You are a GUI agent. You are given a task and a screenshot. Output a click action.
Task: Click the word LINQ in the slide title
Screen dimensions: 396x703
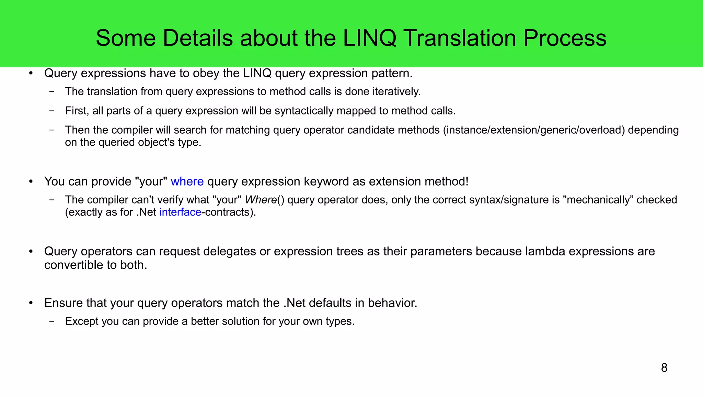coord(370,38)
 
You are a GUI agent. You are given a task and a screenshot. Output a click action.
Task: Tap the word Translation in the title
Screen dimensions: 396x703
coord(460,38)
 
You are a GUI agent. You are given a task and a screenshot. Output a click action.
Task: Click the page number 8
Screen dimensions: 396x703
coord(664,368)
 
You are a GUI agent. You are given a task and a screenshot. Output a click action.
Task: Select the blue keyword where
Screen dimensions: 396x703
coord(187,181)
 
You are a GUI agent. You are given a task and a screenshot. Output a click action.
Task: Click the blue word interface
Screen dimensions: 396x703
coord(180,212)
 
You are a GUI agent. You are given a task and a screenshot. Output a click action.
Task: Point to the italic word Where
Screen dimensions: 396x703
coord(261,200)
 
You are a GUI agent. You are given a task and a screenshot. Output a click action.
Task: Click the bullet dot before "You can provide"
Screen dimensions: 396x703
coord(31,181)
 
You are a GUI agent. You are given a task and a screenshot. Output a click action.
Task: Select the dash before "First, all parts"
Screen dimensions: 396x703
coord(52,111)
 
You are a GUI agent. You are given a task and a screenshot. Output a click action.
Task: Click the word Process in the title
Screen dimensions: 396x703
coord(565,38)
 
